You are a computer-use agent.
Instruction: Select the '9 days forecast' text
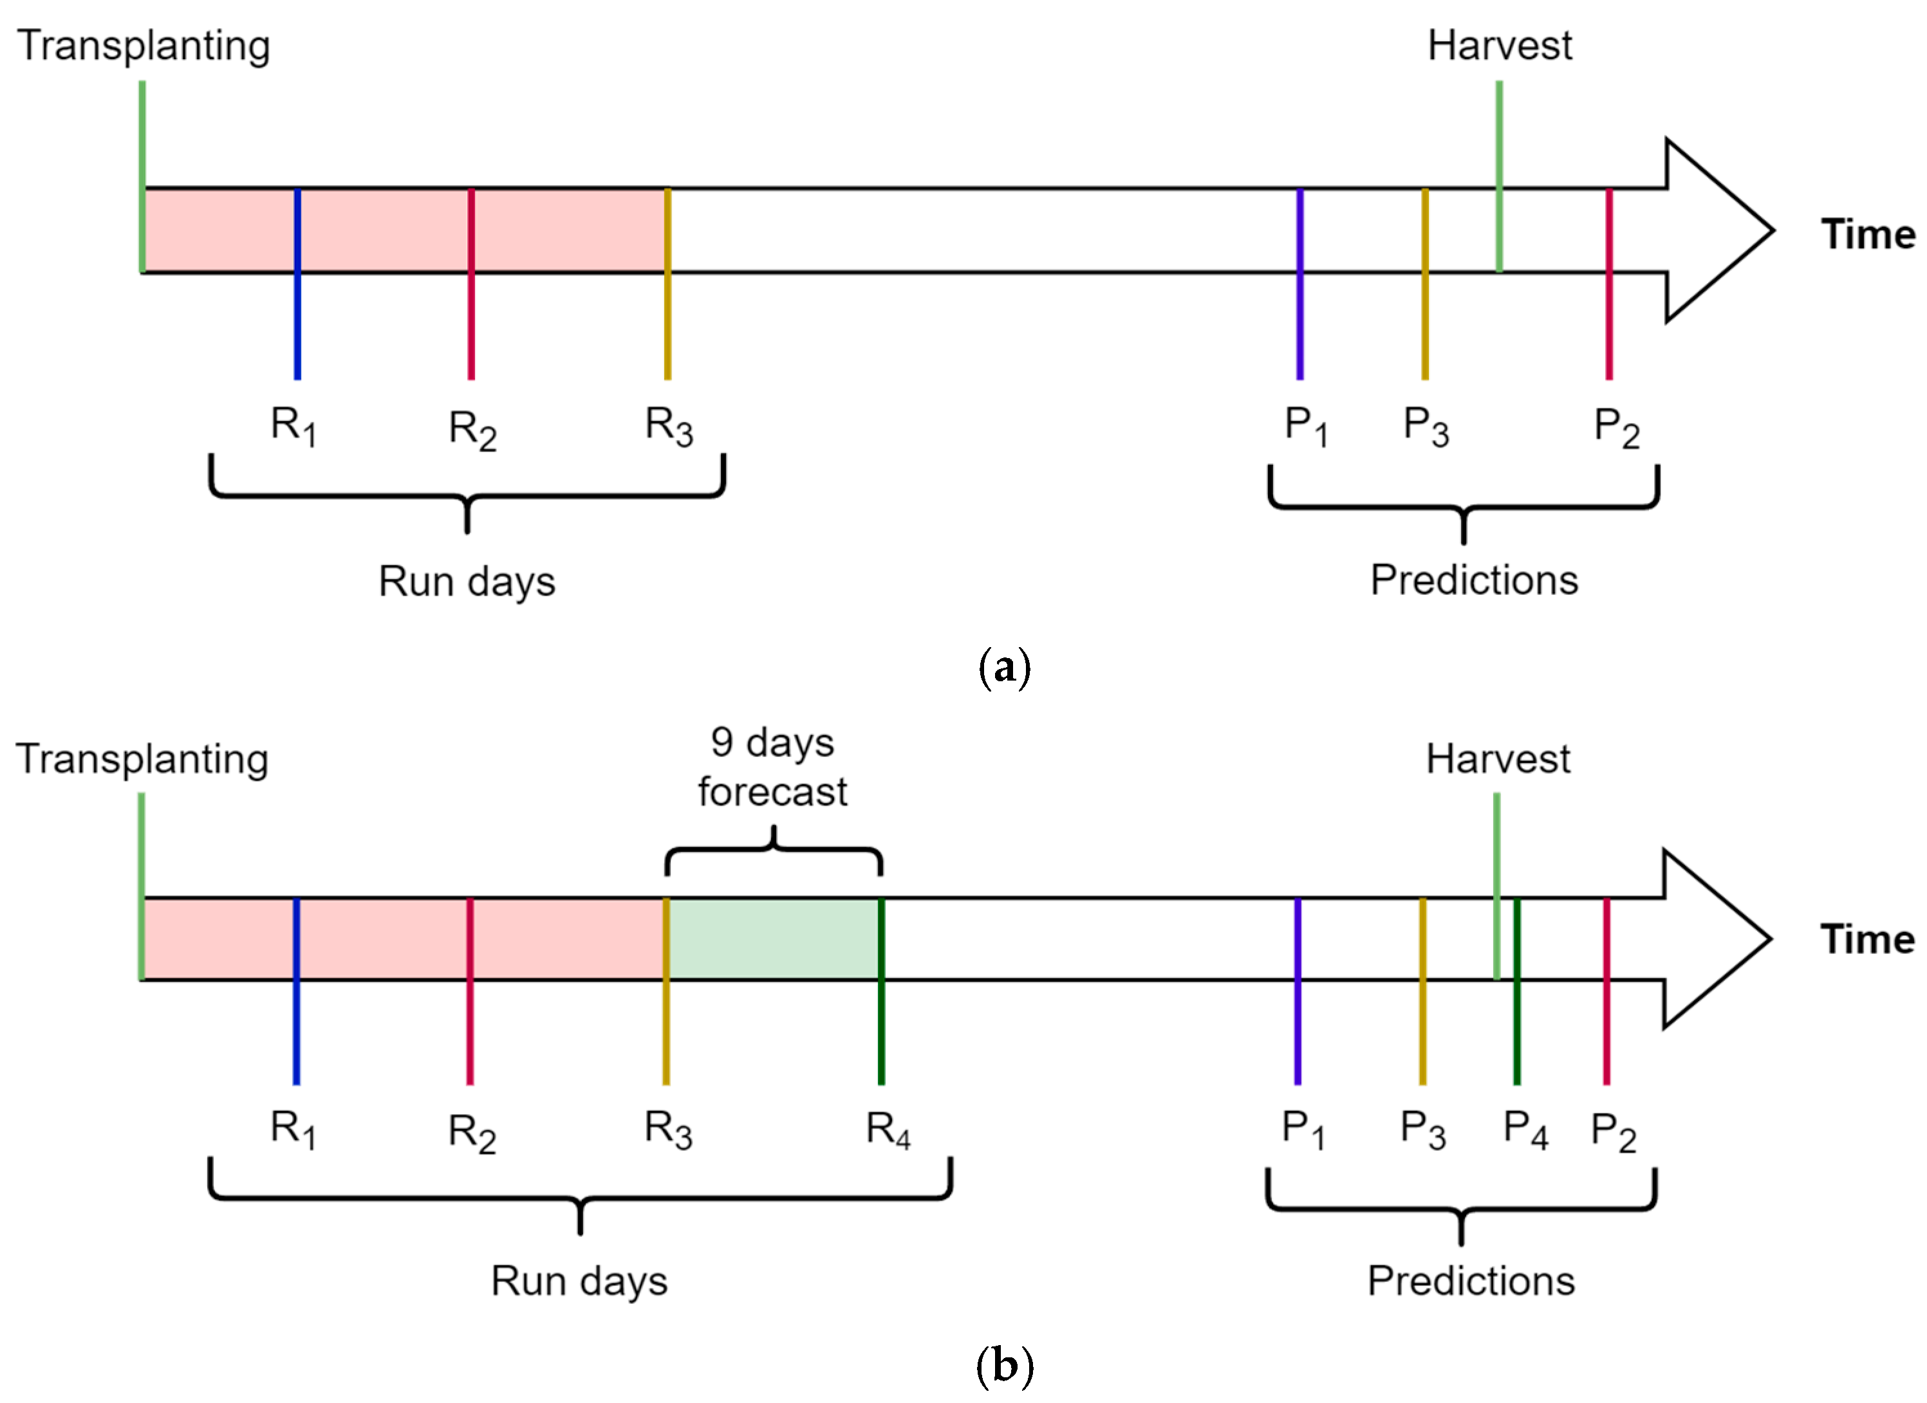772,767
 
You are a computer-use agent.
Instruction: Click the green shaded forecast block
773,939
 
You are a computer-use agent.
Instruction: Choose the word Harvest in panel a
1500,46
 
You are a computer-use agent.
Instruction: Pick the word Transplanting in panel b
142,758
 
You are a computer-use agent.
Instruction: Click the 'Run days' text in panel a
467,583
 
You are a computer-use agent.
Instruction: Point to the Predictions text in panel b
1471,1281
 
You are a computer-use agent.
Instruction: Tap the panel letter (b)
1005,1366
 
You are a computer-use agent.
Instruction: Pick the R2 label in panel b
472,1133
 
